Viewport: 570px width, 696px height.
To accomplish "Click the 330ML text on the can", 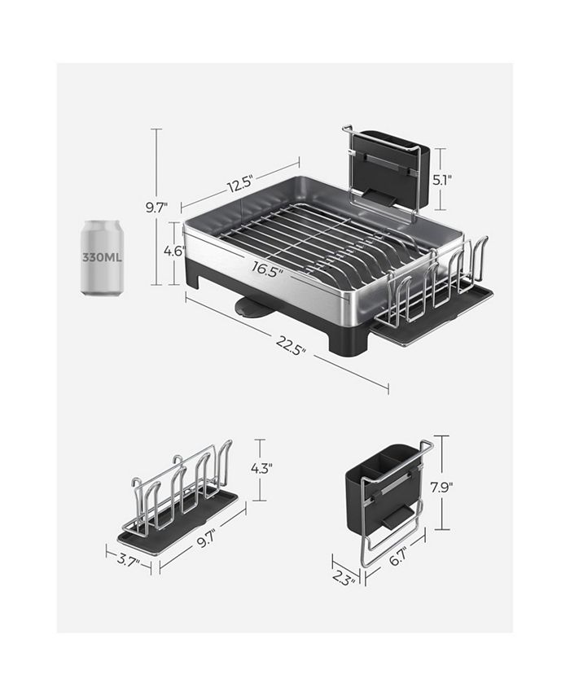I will coord(102,257).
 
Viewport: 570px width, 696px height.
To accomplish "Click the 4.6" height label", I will coord(173,252).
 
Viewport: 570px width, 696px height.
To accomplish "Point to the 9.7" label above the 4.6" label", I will coord(156,208).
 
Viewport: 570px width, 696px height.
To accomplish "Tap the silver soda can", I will coord(102,258).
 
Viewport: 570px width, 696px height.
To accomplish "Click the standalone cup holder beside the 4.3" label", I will coord(179,497).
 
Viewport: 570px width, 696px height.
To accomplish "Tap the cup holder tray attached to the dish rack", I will coord(436,305).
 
